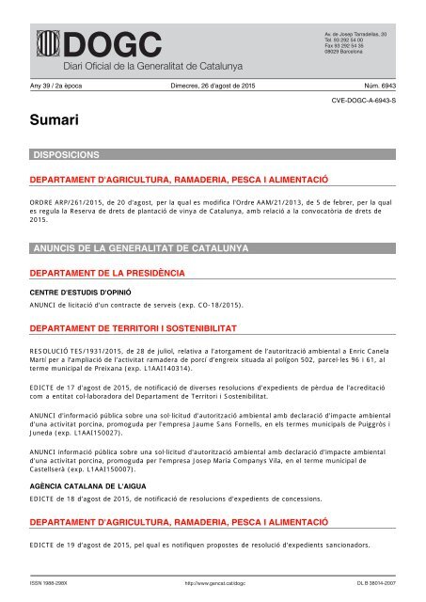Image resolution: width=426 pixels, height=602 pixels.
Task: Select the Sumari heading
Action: (55, 120)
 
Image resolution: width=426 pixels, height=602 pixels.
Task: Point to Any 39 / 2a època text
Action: (58, 86)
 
